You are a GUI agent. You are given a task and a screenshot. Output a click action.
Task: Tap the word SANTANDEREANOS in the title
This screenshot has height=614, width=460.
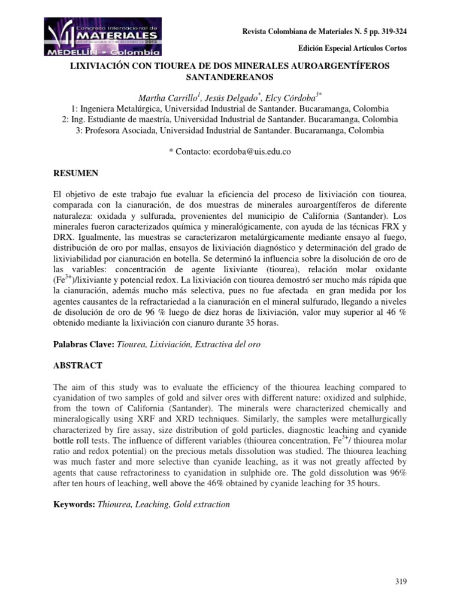click(230, 77)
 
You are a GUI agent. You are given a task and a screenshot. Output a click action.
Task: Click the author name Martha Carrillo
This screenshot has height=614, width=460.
click(168, 98)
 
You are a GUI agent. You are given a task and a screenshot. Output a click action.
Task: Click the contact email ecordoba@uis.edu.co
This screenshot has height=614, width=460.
click(252, 152)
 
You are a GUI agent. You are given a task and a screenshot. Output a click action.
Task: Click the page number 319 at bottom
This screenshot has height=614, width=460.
click(401, 582)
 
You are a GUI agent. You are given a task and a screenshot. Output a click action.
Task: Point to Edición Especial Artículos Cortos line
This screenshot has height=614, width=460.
click(356, 48)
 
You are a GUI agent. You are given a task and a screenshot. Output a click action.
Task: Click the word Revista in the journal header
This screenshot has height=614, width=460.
click(254, 31)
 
